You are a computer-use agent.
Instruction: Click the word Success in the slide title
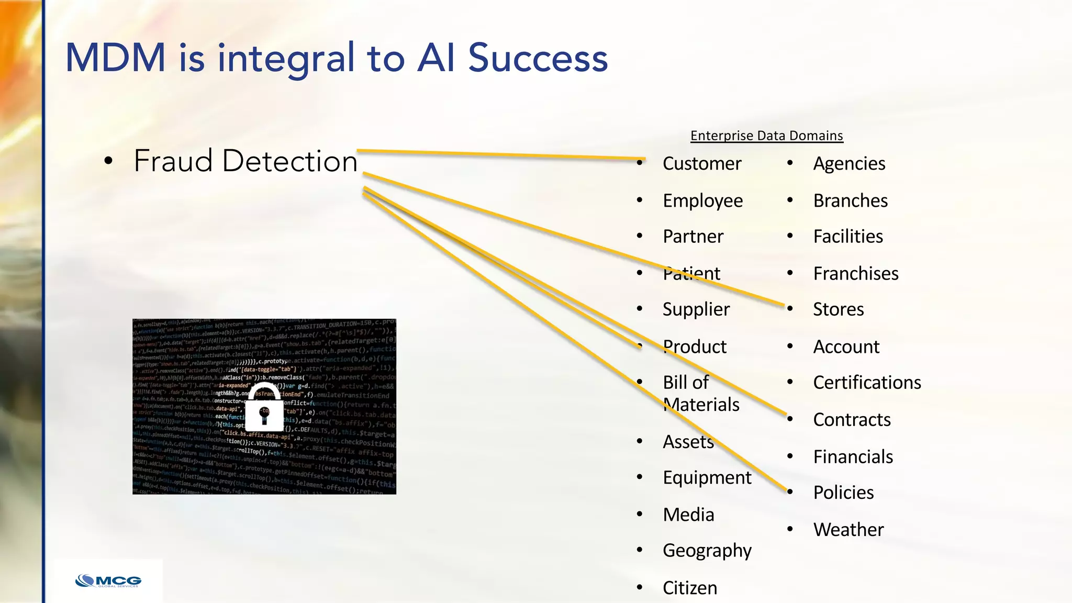[538, 58]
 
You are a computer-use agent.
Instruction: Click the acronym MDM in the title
[115, 58]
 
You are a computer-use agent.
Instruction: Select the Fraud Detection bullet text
[245, 161]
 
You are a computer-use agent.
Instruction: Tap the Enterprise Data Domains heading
[766, 136]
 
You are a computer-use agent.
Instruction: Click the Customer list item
[701, 164]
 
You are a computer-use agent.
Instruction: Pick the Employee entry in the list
[702, 201]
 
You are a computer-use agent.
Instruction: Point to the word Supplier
[696, 309]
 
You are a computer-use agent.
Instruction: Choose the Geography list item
[707, 551]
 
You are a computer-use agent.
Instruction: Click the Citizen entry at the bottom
[689, 588]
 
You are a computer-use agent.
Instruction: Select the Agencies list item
[849, 164]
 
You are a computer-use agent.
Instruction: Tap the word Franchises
[855, 274]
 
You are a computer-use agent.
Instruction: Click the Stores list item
[838, 309]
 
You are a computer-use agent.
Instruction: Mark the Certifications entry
[867, 383]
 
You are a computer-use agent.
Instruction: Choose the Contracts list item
[852, 420]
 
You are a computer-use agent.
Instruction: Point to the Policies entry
[843, 493]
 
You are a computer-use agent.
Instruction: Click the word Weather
[848, 530]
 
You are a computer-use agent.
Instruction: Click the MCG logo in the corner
[108, 581]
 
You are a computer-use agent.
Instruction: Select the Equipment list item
[707, 478]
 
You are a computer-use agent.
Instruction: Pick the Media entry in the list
[688, 515]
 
